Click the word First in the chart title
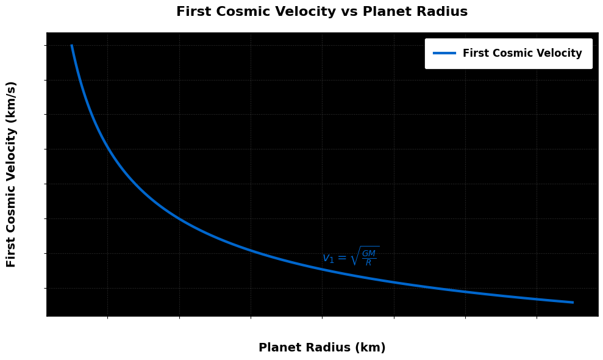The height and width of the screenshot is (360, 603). click(x=192, y=12)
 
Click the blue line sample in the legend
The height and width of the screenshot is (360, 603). click(x=444, y=53)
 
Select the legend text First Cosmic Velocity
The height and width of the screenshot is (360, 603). click(x=523, y=53)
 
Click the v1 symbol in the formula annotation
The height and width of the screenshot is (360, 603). click(x=328, y=259)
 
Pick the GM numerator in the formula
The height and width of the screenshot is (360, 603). click(x=369, y=253)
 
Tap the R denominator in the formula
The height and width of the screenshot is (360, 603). click(x=368, y=263)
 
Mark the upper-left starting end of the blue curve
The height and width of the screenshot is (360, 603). click(x=71, y=46)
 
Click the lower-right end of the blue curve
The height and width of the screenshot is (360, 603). click(x=573, y=302)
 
